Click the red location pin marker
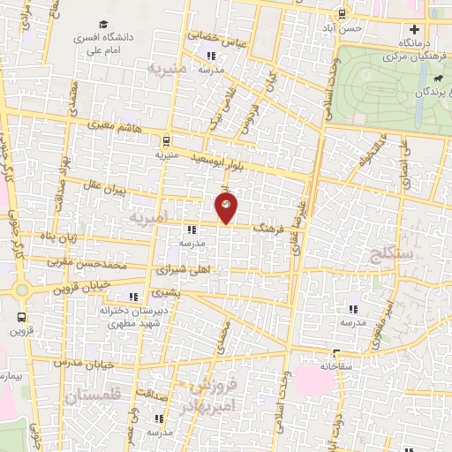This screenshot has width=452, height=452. (226, 207)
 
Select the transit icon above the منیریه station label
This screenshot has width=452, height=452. (167, 139)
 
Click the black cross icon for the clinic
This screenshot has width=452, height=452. (413, 30)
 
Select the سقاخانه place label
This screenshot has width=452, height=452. (336, 365)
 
